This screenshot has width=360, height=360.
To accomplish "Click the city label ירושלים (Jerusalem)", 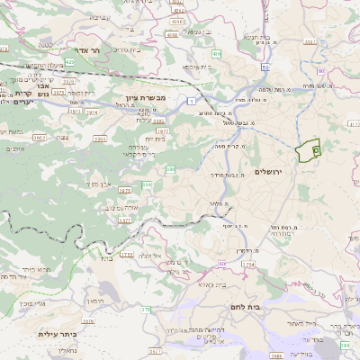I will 269,171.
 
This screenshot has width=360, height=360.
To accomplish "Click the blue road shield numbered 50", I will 265,67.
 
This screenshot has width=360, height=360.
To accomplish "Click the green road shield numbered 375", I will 144,309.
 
